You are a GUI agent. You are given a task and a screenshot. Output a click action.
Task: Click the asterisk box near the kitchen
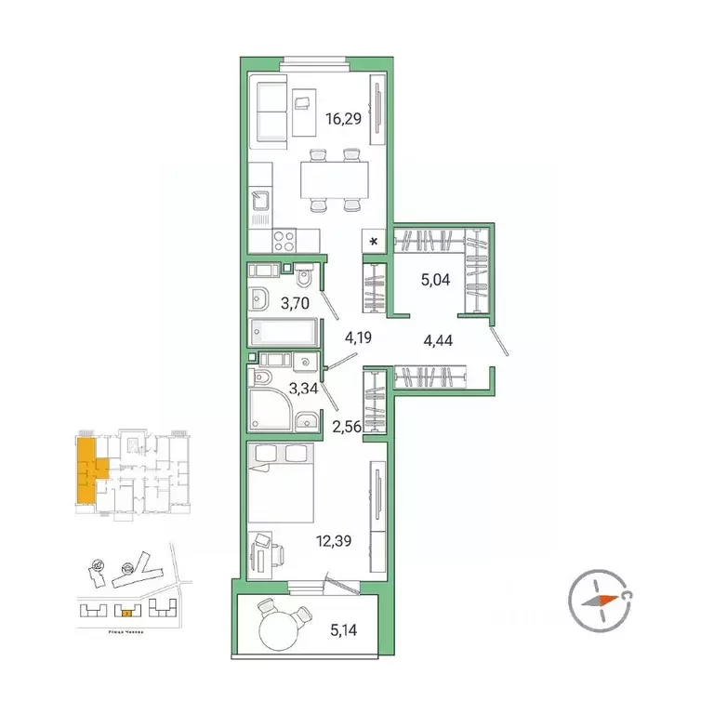click(375, 242)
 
